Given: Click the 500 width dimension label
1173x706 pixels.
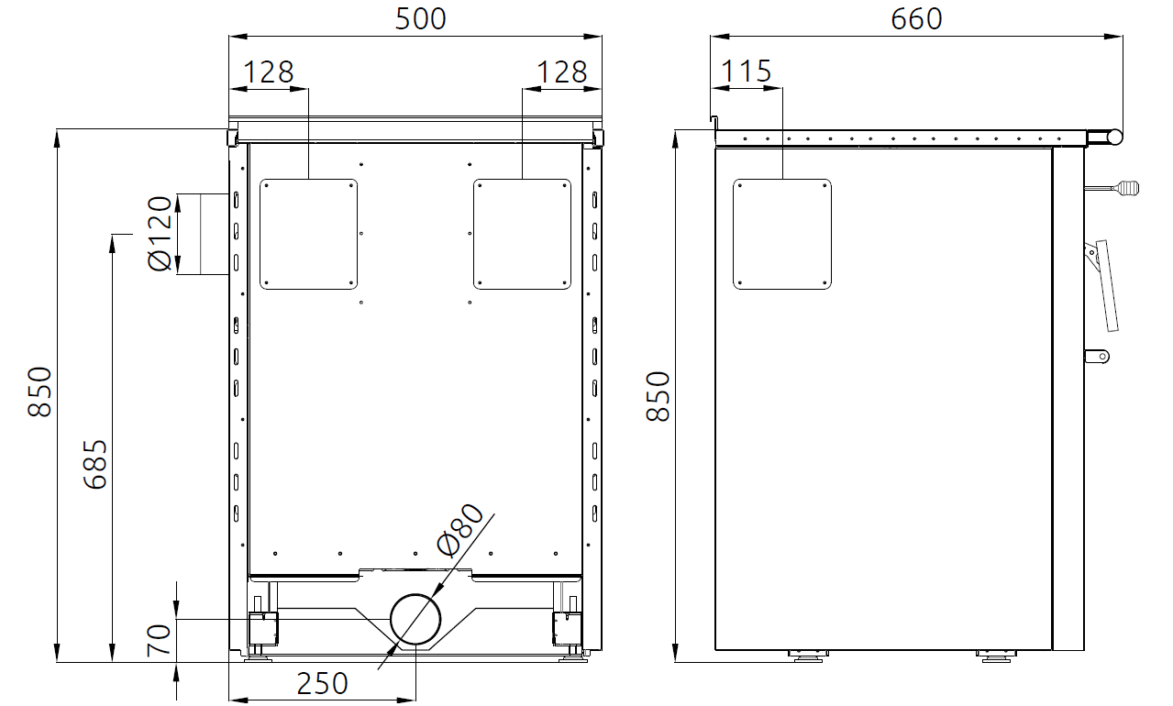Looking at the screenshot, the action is pyautogui.click(x=420, y=19).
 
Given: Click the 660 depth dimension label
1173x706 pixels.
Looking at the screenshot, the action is pyautogui.click(x=916, y=19).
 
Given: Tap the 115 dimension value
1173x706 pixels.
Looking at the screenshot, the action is pyautogui.click(x=747, y=72).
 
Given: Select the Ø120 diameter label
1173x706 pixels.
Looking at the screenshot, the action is pyautogui.click(x=160, y=234).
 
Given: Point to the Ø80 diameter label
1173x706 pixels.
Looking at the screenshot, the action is pyautogui.click(x=459, y=529).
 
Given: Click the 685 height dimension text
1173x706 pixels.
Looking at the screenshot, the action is pyautogui.click(x=95, y=464).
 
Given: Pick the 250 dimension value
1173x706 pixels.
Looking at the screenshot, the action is pyautogui.click(x=322, y=683).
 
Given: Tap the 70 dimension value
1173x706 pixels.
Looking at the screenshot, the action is pyautogui.click(x=159, y=641).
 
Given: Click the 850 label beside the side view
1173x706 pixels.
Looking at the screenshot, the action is pyautogui.click(x=658, y=397).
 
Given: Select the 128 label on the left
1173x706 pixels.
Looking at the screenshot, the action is pyautogui.click(x=269, y=72).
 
